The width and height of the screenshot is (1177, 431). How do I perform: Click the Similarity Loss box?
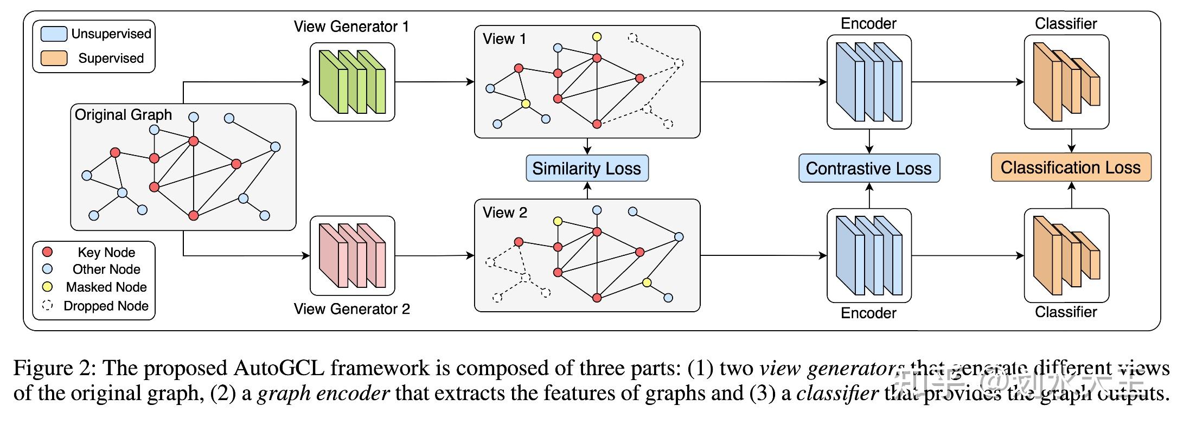587,169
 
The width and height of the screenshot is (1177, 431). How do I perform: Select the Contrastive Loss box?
868,169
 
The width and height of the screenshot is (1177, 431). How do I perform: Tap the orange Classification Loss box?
1070,168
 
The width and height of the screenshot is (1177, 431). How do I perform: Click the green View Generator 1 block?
352,82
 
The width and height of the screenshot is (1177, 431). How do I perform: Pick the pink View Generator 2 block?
352,255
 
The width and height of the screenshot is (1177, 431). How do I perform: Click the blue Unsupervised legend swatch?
54,34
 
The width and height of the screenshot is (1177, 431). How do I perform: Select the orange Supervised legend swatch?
54,58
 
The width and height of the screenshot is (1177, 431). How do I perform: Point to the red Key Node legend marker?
48,252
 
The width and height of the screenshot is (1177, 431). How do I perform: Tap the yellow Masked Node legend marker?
48,287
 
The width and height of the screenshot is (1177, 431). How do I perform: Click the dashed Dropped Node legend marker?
48,305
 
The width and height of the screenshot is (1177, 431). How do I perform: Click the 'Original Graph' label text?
123,115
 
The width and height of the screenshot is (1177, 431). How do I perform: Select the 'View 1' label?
504,39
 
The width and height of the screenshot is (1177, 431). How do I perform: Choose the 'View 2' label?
504,213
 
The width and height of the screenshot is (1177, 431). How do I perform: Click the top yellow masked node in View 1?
597,37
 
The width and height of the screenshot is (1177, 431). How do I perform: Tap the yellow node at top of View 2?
558,221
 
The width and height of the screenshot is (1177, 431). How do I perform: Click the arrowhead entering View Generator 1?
306,82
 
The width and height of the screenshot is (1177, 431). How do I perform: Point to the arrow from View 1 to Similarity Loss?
587,147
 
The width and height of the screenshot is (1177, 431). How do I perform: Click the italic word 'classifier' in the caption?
837,393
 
